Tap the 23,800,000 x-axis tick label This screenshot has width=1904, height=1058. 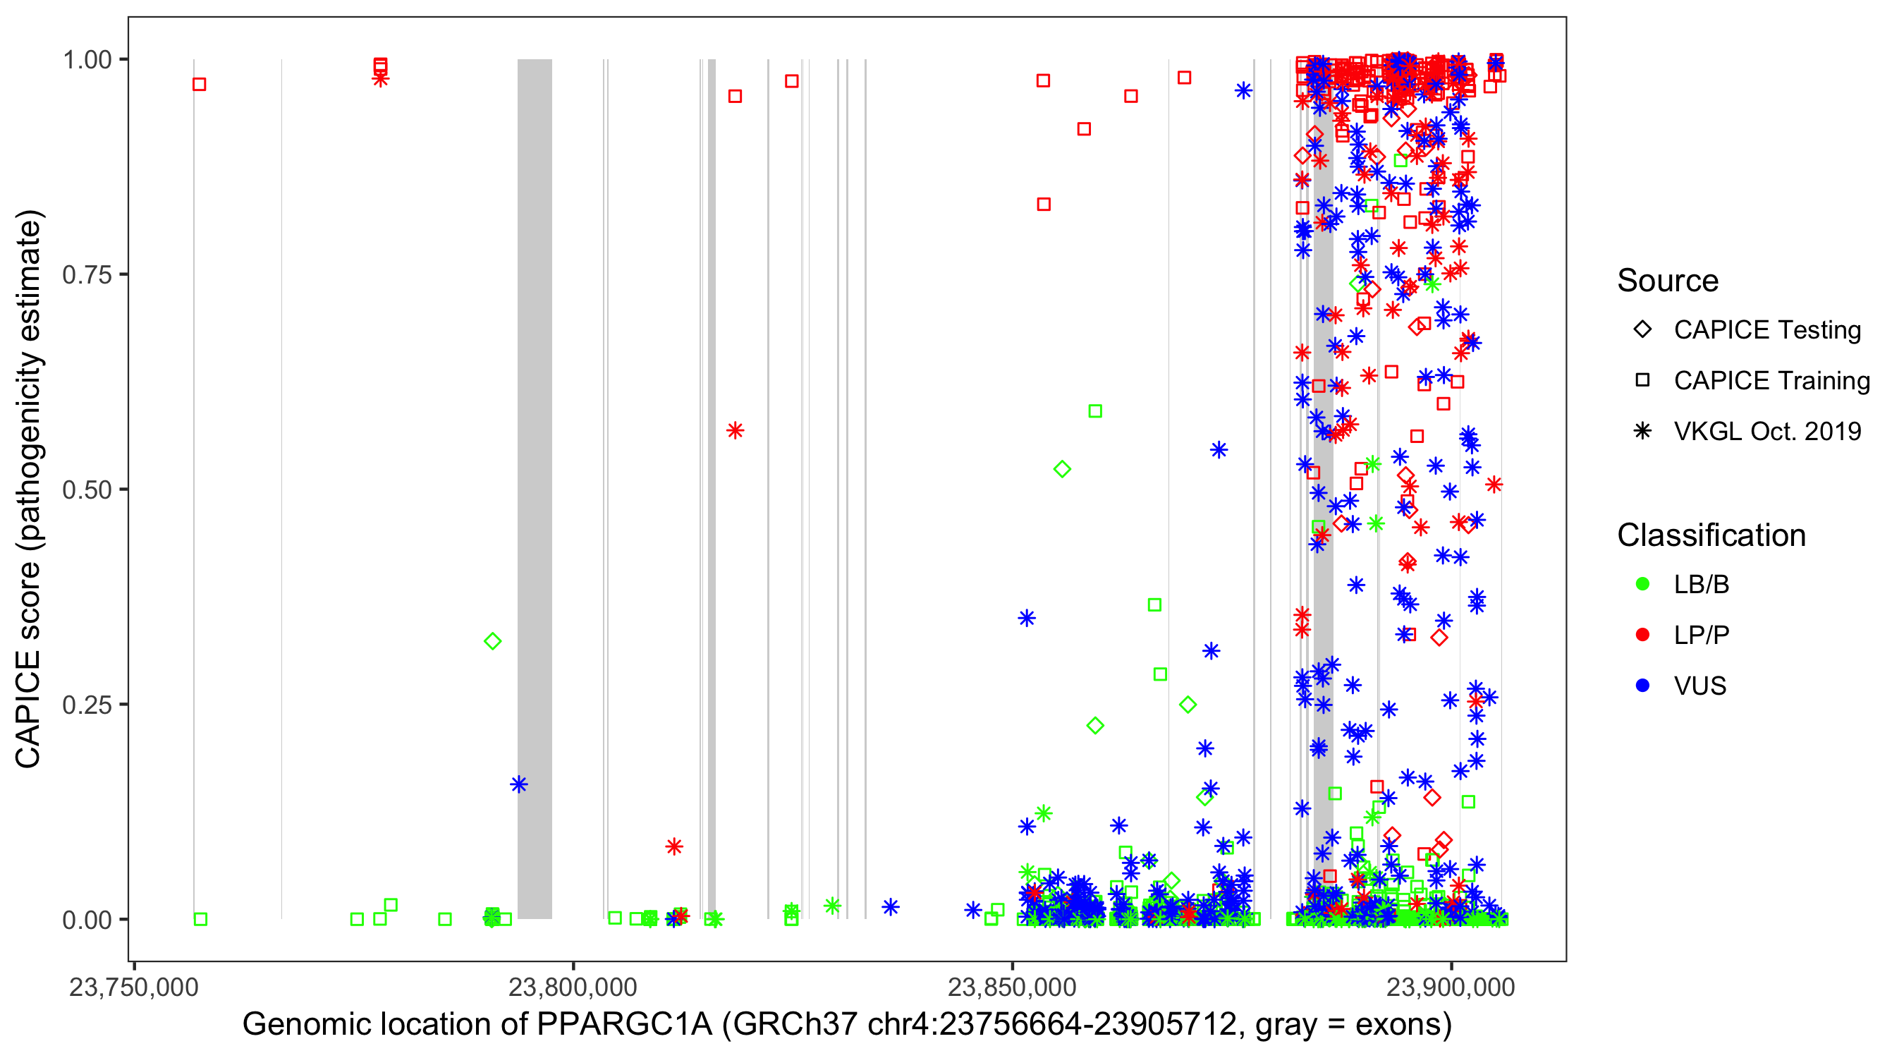click(x=573, y=987)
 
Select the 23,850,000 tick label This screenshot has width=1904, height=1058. click(x=1012, y=987)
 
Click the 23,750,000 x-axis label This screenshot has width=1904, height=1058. click(x=134, y=987)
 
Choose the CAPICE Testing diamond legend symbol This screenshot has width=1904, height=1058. click(x=1642, y=330)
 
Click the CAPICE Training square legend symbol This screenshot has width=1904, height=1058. click(x=1642, y=381)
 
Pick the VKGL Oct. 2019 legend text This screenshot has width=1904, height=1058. click(x=1767, y=432)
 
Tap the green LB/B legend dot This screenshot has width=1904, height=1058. click(x=1642, y=585)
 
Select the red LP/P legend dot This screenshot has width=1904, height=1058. click(x=1642, y=635)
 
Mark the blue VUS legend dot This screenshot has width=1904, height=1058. click(x=1642, y=686)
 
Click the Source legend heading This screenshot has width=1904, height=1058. click(x=1668, y=281)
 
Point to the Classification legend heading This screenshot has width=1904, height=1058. click(x=1711, y=535)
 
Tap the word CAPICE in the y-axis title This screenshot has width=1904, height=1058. click(x=28, y=708)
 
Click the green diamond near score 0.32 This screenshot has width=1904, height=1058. click(x=493, y=641)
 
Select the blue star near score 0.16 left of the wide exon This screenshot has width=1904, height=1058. click(x=519, y=784)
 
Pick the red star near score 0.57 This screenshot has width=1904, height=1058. click(x=735, y=430)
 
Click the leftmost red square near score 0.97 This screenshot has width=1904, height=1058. click(x=200, y=84)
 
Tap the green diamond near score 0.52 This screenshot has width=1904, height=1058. click(x=1062, y=469)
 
